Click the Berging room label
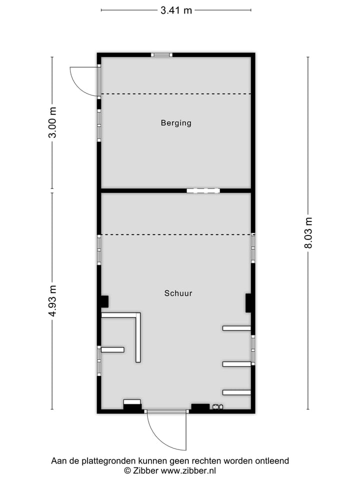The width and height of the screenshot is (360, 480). [x=176, y=122]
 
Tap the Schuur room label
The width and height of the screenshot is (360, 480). [x=178, y=293]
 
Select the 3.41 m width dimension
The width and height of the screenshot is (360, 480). [x=176, y=10]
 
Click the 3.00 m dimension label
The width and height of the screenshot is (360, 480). [x=52, y=123]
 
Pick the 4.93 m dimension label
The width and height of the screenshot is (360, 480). [x=52, y=300]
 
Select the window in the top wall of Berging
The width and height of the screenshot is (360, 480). [x=161, y=55]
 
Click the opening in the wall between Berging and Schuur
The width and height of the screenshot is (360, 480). [x=203, y=190]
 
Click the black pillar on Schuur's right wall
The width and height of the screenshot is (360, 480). [x=248, y=303]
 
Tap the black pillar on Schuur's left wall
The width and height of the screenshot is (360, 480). [x=104, y=302]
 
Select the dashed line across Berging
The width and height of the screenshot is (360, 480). [x=176, y=93]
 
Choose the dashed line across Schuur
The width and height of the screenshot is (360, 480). [x=176, y=234]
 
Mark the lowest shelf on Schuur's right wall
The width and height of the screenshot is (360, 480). [x=236, y=392]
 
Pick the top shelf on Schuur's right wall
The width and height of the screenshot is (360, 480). [x=236, y=328]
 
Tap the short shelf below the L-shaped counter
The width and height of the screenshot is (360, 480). [x=112, y=349]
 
